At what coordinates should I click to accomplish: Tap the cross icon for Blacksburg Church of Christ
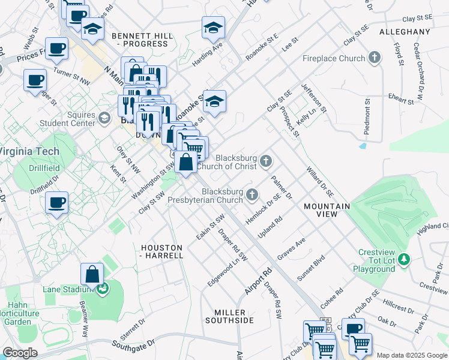pos(266,161)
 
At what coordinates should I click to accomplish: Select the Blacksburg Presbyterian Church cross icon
pos(252,194)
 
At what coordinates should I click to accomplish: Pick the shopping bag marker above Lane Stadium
pos(93,275)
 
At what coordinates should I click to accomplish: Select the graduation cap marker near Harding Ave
pos(212,28)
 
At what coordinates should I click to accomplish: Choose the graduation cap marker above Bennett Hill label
pos(92,28)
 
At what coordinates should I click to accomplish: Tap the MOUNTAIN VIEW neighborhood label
pos(327,210)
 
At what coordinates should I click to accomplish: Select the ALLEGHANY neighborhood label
pos(405,31)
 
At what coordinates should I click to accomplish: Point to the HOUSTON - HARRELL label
pos(161,251)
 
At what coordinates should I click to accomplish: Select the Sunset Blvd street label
pos(310,270)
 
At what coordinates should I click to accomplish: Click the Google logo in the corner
pos(20,352)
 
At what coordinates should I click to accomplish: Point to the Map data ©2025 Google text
pos(411,355)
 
